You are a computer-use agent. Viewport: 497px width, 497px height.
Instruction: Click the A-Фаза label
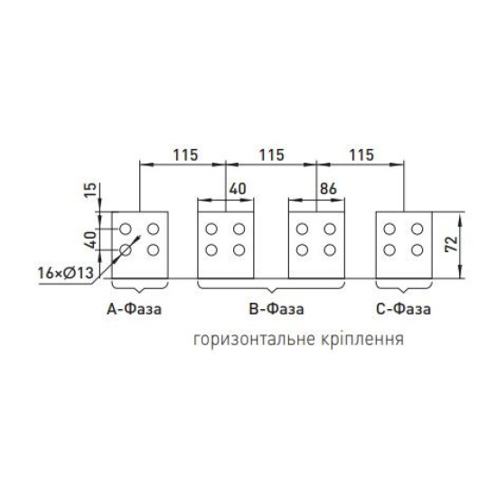point(134,309)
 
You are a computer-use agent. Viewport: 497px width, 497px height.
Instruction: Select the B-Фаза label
point(277,309)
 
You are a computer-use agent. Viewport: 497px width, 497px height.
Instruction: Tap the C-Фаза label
point(404,309)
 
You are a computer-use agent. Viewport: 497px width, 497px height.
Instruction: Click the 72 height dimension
point(452,244)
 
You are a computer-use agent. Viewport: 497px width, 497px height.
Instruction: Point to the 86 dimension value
point(328,189)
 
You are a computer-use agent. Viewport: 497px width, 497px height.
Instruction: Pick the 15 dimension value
point(90,190)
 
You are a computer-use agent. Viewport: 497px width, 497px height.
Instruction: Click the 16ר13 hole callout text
point(66,273)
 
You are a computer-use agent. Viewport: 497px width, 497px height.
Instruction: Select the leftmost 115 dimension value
point(185,155)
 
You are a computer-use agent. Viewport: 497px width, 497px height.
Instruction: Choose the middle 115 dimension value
point(272,155)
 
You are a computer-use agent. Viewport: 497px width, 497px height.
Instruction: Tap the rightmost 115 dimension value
point(361,155)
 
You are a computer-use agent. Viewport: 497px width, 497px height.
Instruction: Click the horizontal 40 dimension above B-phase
point(238,189)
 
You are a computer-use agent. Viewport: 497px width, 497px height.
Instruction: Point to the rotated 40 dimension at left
point(91,239)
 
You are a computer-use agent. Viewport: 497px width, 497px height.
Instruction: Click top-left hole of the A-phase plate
point(126,229)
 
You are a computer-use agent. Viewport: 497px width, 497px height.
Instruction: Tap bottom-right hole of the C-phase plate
point(417,250)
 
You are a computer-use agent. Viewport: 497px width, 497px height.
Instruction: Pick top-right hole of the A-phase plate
point(153,229)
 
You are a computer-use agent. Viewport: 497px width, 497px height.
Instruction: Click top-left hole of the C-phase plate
point(389,229)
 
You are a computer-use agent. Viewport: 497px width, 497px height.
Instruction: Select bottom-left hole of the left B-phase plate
point(211,250)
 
